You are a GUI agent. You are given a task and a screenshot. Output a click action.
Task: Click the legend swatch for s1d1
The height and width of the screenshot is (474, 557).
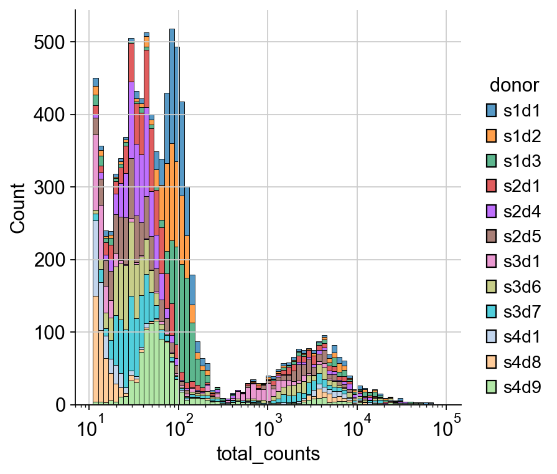[x=492, y=111]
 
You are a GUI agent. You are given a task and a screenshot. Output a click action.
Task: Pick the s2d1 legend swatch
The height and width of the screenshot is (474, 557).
[x=492, y=186]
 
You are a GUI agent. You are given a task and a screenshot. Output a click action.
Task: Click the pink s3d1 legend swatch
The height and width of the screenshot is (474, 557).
[x=492, y=262]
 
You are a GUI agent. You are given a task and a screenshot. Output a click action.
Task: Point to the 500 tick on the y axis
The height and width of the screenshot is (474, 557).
[x=50, y=42]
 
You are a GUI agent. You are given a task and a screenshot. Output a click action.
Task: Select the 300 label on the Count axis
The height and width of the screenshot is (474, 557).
[x=50, y=187]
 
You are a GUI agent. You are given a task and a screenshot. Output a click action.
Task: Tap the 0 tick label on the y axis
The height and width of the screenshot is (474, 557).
[x=61, y=405]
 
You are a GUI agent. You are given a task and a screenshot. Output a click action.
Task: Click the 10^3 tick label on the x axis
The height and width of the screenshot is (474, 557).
[x=267, y=428]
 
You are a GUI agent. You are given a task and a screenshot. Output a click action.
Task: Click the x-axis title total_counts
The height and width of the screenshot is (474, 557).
[x=268, y=454]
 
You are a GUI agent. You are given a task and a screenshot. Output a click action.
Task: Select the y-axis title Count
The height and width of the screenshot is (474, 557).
[x=17, y=208]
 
